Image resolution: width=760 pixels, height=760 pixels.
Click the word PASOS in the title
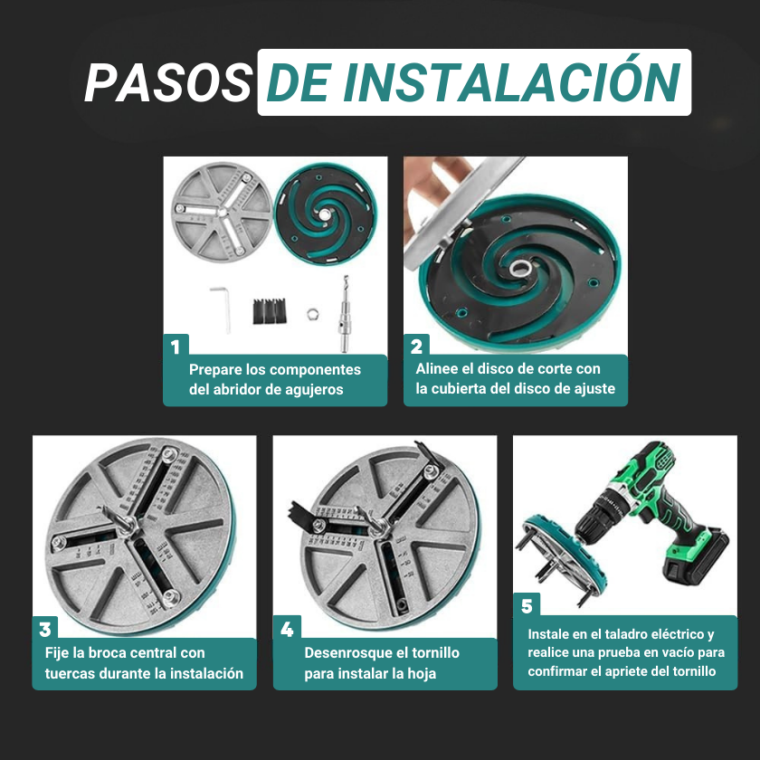[167, 83]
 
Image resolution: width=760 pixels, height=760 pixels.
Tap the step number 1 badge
[176, 347]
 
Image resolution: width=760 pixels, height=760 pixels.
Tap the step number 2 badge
[416, 347]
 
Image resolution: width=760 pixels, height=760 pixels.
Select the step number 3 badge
[45, 629]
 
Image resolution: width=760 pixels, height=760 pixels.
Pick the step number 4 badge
[287, 629]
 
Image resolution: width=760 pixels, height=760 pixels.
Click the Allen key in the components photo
[222, 306]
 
